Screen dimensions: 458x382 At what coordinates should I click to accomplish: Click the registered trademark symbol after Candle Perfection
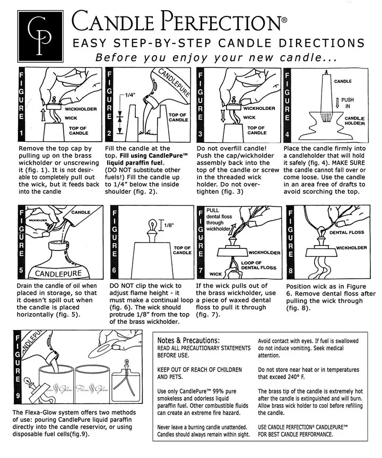pyautogui.click(x=284, y=20)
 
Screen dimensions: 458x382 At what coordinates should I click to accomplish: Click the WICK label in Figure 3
pyautogui.click(x=249, y=117)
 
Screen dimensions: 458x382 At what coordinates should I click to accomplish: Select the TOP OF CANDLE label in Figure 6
pyautogui.click(x=182, y=250)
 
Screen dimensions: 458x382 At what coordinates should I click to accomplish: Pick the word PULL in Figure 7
pyautogui.click(x=213, y=210)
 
